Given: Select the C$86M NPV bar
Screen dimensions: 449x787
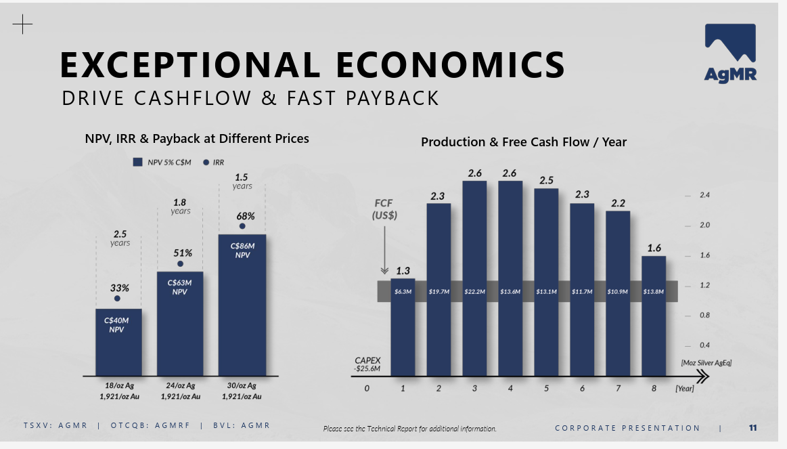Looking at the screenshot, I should pyautogui.click(x=242, y=305).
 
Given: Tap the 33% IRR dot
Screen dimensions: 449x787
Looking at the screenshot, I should pyautogui.click(x=117, y=298).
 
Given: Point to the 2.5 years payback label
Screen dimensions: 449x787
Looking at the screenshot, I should pyautogui.click(x=120, y=238).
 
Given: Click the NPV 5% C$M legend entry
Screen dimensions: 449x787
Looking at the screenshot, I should pyautogui.click(x=162, y=163).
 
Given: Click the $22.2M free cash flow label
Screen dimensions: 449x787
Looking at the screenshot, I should pyautogui.click(x=474, y=292).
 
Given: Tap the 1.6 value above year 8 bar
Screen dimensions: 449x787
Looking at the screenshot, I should pyautogui.click(x=654, y=248).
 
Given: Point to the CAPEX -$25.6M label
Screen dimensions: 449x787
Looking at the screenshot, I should pyautogui.click(x=367, y=364).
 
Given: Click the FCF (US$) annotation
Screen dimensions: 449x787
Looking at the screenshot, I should pyautogui.click(x=384, y=209).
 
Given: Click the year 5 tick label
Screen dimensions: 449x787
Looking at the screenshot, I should pyautogui.click(x=546, y=389).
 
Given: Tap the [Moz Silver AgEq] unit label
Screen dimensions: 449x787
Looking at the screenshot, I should pyautogui.click(x=706, y=363).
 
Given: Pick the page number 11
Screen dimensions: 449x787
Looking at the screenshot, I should pyautogui.click(x=753, y=427).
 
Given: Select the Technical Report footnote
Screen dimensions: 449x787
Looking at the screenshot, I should pyautogui.click(x=410, y=429).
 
